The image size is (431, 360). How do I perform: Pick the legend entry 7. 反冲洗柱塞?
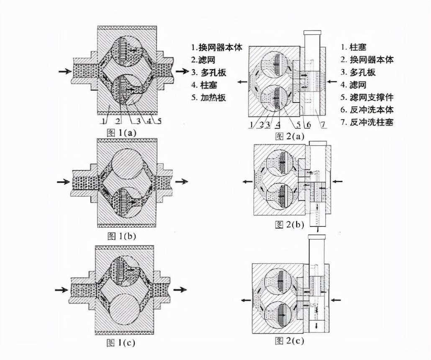point(365,122)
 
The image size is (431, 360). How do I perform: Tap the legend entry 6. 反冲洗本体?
point(365,110)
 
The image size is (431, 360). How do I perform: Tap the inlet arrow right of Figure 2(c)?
point(338,300)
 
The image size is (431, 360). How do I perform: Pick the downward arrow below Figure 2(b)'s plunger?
point(318,229)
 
